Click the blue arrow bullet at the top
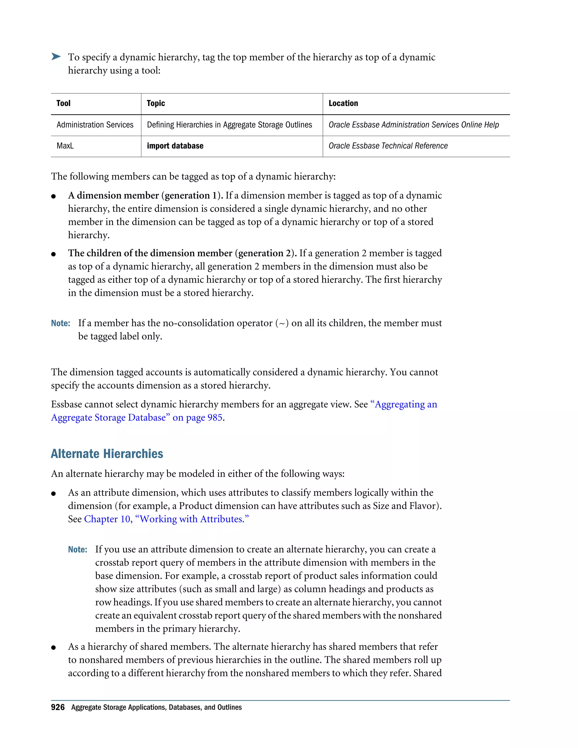pos(56,56)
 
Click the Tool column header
pos(63,103)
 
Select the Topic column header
pos(156,103)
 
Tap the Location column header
pos(343,103)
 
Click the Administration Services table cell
pos(95,125)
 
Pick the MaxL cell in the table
pos(65,146)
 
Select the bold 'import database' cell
pos(175,146)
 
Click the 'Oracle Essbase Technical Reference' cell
pos(388,146)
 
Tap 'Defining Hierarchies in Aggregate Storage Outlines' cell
pos(229,125)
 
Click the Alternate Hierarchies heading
pos(107,454)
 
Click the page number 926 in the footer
pos(58,707)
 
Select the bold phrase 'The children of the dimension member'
pos(150,253)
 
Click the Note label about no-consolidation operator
pos(61,323)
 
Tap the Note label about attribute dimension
pos(77,550)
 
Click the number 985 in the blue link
pos(215,418)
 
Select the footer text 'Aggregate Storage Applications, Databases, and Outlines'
pos(156,707)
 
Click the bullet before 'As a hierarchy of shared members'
pos(53,647)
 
